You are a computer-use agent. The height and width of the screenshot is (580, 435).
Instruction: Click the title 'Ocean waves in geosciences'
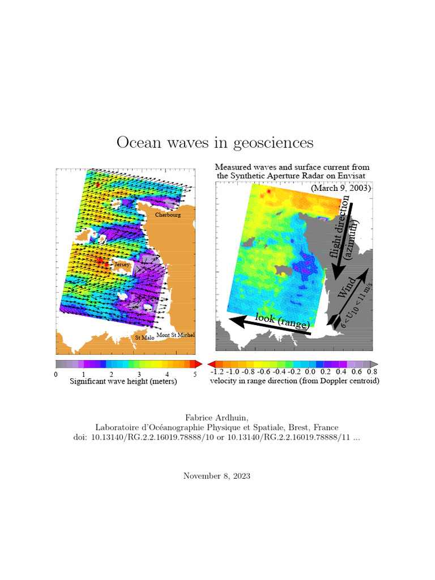coord(215,142)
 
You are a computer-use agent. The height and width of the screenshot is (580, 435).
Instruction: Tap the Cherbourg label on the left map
coord(168,215)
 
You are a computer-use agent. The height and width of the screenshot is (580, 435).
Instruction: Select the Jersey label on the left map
coord(122,265)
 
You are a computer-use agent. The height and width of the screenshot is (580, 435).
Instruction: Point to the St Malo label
coord(144,338)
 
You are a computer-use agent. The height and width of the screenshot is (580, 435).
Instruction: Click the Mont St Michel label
coord(176,335)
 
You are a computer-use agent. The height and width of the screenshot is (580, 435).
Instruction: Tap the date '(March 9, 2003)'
coord(340,188)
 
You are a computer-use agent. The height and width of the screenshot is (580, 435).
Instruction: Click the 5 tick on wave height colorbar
coord(195,374)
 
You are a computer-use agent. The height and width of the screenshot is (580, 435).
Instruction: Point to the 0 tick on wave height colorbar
coord(56,374)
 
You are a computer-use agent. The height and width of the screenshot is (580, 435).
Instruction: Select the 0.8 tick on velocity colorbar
coord(372,372)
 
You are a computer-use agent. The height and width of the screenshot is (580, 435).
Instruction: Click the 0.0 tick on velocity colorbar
coord(310,372)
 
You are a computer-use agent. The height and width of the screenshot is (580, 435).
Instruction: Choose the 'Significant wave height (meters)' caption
coord(123,382)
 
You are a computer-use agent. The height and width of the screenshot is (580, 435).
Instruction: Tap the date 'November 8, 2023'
coord(217,476)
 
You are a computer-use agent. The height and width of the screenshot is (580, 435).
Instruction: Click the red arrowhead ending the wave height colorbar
coord(198,364)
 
